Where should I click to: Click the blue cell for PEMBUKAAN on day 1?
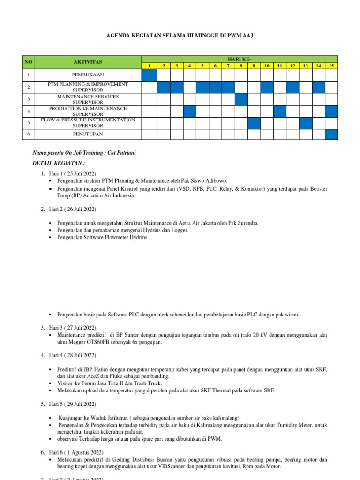coord(150,75)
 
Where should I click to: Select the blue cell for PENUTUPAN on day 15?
coord(331,134)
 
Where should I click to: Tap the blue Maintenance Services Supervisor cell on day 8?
coord(241,99)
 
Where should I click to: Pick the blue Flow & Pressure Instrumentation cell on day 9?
coord(254,123)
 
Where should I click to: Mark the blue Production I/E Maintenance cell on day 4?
coord(189,111)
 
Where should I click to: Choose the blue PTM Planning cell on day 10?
coord(267,87)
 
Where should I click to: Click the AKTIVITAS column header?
coord(88,62)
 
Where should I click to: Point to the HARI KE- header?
coord(240,58)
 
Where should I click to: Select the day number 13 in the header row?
coord(305,66)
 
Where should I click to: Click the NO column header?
coord(28,62)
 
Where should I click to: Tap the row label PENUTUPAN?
coord(88,134)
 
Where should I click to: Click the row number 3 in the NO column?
coord(28,99)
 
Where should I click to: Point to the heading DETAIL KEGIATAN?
coord(59,164)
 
